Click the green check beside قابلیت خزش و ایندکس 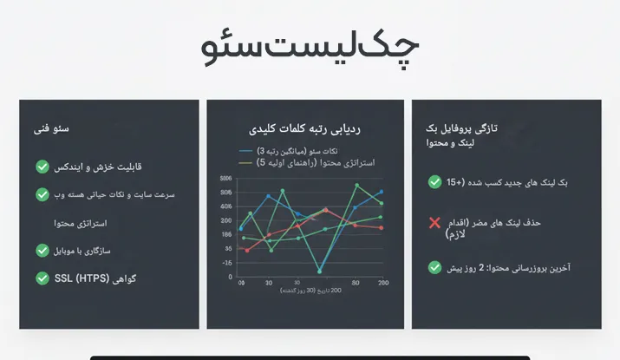click(42, 166)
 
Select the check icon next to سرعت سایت click(42, 194)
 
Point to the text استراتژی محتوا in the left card click(80, 223)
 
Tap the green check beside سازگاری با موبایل click(42, 251)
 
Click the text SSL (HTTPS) click(78, 278)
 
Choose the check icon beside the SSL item click(42, 278)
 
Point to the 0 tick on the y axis click(230, 277)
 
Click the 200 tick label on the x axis click(382, 283)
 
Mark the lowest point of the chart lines click(319, 272)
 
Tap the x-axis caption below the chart click(310, 291)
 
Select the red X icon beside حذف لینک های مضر click(435, 223)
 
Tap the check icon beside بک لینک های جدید click(435, 182)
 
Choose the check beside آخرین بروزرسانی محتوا click(435, 268)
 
